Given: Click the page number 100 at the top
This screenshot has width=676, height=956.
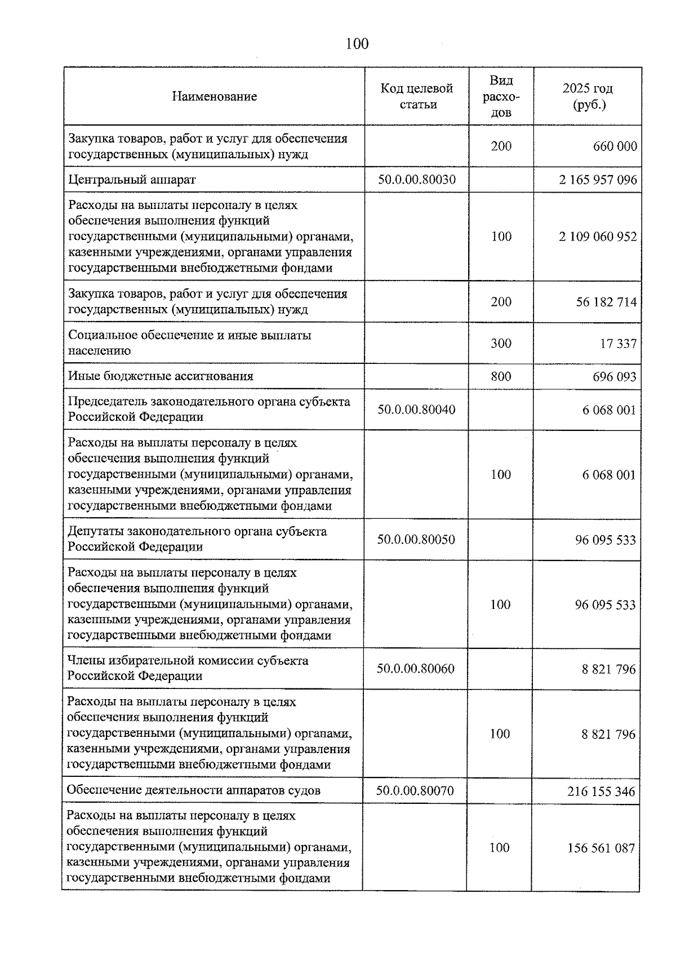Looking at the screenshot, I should click(357, 43).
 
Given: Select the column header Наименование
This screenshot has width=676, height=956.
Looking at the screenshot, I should click(214, 96).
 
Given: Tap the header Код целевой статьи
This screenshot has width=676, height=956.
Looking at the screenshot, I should click(417, 96).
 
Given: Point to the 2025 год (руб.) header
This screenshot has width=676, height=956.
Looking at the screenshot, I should click(588, 96).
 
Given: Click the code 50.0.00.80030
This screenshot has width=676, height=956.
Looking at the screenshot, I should click(417, 180).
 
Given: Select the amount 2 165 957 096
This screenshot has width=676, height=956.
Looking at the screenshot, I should click(598, 180).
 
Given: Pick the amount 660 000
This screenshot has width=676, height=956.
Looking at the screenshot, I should click(615, 146).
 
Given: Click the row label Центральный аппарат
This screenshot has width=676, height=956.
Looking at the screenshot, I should click(132, 180).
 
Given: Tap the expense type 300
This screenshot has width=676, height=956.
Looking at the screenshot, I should click(501, 343).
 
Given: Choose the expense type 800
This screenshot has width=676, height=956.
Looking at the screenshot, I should click(501, 376).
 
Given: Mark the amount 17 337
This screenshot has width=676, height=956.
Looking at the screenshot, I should click(618, 344).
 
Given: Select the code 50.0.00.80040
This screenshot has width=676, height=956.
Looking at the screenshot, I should click(416, 410).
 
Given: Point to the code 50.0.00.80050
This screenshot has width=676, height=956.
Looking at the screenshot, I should click(416, 540).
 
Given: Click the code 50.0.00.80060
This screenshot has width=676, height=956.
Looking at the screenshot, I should click(416, 669).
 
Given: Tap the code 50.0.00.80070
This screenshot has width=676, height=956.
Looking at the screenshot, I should click(415, 791).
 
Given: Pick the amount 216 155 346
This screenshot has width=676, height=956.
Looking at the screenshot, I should click(601, 792).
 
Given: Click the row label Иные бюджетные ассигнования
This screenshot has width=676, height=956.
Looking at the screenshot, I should click(161, 376).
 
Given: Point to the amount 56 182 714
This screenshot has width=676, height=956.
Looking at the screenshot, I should click(606, 302).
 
